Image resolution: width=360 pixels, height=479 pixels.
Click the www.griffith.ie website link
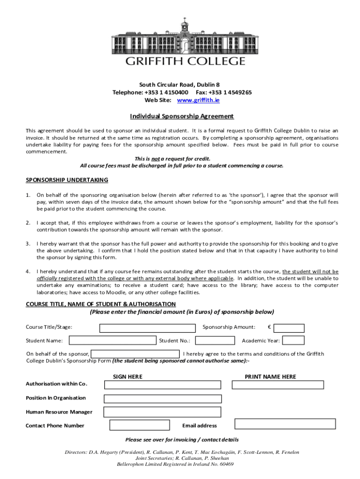click(x=199, y=100)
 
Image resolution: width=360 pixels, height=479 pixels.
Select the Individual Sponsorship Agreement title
click(x=181, y=116)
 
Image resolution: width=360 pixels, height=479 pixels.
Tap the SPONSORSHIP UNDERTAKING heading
click(x=67, y=180)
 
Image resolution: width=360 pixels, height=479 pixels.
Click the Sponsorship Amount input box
click(x=288, y=328)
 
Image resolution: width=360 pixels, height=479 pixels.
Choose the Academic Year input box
click(x=294, y=341)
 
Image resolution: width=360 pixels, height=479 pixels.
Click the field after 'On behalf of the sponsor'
click(x=135, y=354)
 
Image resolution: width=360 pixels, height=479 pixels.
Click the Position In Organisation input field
click(x=162, y=399)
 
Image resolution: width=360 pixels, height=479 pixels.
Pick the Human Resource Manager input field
click(x=162, y=412)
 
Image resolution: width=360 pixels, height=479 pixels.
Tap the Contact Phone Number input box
click(x=139, y=425)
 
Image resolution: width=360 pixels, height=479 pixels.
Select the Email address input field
click(x=285, y=424)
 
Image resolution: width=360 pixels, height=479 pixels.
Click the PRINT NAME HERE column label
click(x=270, y=377)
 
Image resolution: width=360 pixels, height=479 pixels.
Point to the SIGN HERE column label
click(x=128, y=377)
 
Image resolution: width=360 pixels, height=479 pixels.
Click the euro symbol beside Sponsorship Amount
click(x=269, y=327)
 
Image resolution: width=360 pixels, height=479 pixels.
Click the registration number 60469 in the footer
click(x=226, y=464)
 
